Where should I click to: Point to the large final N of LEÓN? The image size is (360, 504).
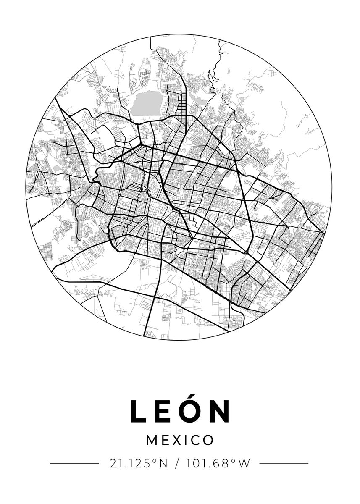click(221, 411)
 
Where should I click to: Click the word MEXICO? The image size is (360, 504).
click(180, 440)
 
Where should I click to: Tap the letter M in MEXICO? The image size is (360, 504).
click(152, 440)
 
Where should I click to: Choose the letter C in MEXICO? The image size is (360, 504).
click(196, 440)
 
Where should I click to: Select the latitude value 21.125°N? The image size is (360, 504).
click(139, 464)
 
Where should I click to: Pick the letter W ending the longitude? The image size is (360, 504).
click(244, 464)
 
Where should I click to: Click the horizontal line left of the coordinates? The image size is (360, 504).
click(74, 464)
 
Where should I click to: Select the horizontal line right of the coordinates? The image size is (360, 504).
click(284, 464)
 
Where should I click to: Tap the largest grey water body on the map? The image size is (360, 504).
click(146, 103)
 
